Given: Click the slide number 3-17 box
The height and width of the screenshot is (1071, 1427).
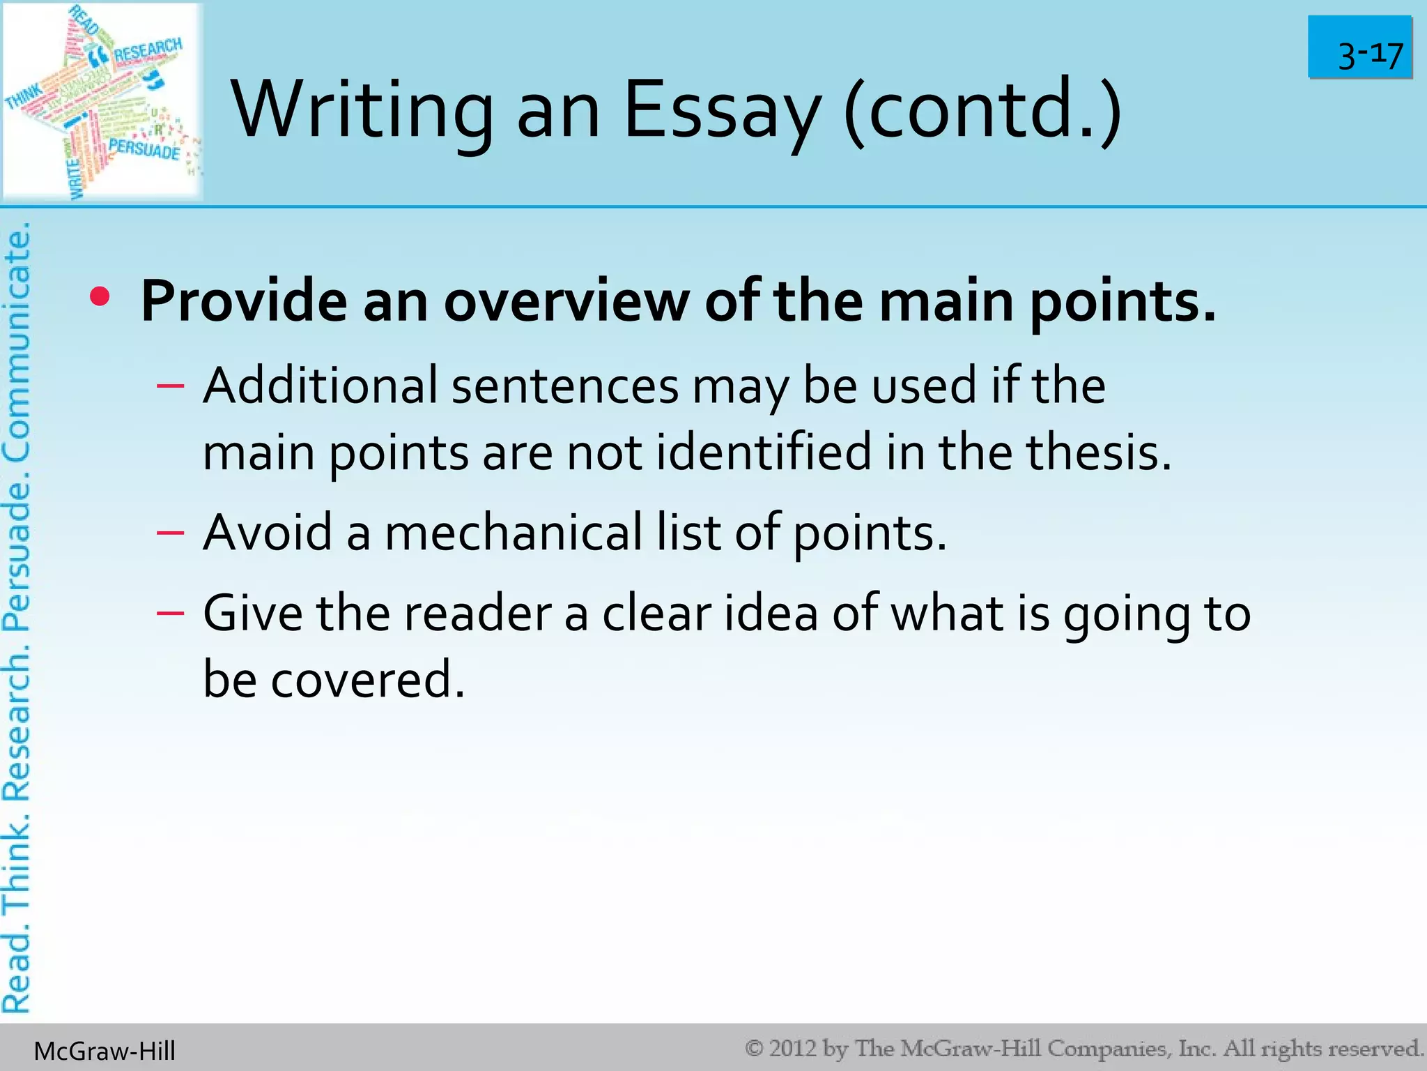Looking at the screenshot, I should [x=1359, y=47].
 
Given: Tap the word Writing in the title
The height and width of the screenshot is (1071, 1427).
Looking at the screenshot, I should [x=362, y=111].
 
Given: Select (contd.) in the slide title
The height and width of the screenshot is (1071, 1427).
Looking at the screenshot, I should [x=982, y=111].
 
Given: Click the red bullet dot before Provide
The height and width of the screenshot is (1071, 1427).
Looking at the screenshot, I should [x=100, y=298].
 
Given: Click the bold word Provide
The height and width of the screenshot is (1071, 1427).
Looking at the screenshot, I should [x=243, y=301].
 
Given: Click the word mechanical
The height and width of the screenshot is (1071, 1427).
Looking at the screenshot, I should [x=514, y=533].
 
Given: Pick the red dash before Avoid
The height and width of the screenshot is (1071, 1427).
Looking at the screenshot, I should [x=171, y=533].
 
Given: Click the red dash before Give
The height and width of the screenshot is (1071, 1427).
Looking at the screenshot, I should [x=171, y=614].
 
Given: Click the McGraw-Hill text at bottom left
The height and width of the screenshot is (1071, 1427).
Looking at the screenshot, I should [x=105, y=1051].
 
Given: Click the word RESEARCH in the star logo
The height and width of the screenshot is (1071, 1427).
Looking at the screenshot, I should [x=148, y=50].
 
